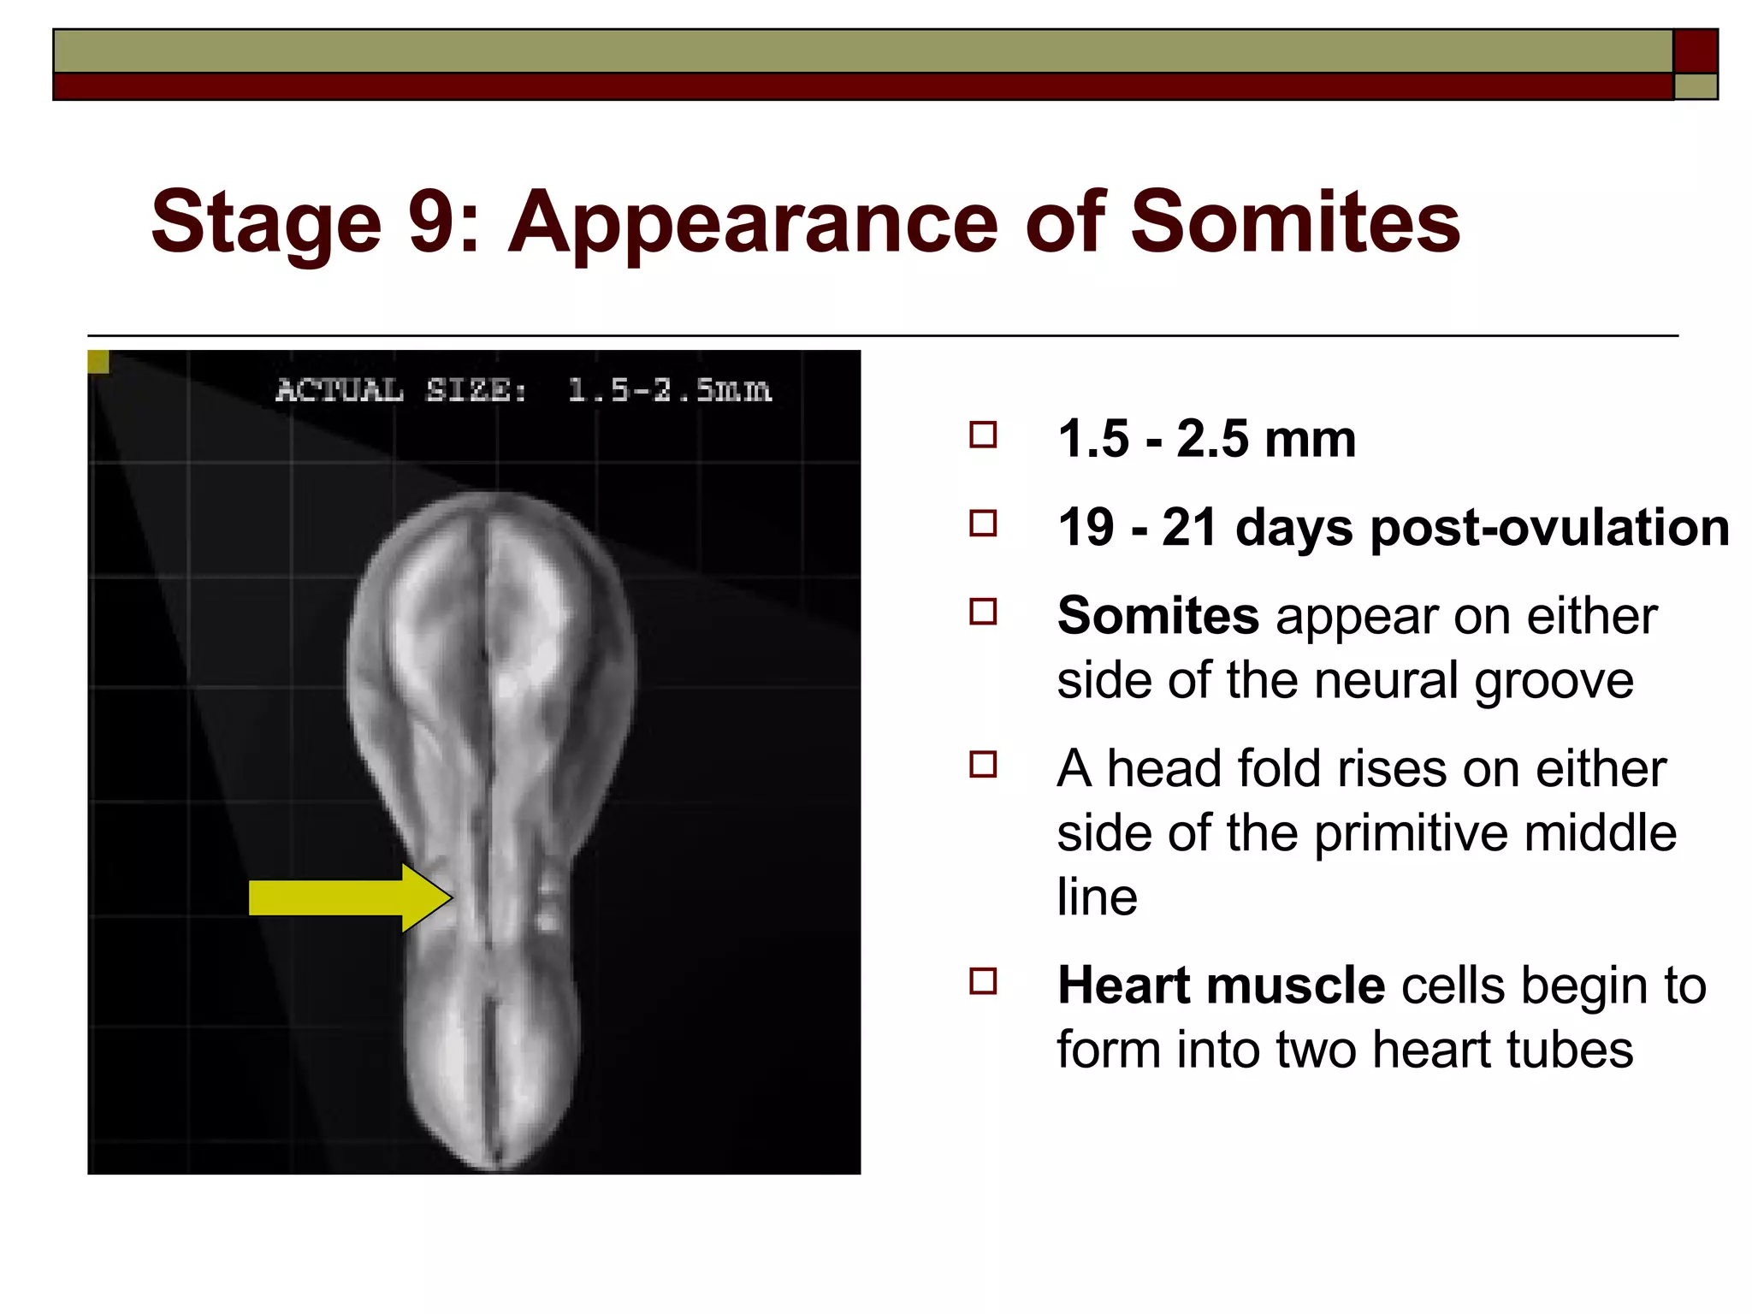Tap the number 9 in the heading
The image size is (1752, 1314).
point(432,222)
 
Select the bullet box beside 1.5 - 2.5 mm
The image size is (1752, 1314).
point(983,435)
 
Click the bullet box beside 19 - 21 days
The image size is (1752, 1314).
point(983,523)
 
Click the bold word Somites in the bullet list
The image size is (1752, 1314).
point(1157,615)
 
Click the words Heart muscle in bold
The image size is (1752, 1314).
point(1221,985)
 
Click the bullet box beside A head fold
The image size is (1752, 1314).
point(983,764)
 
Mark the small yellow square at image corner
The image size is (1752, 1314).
point(98,362)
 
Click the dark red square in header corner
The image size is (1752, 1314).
point(1695,51)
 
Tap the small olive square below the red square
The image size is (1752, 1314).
point(1695,86)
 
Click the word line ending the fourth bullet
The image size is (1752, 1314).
point(1097,897)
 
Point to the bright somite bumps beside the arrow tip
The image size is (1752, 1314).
point(547,898)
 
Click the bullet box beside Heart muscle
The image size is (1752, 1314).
point(983,980)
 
